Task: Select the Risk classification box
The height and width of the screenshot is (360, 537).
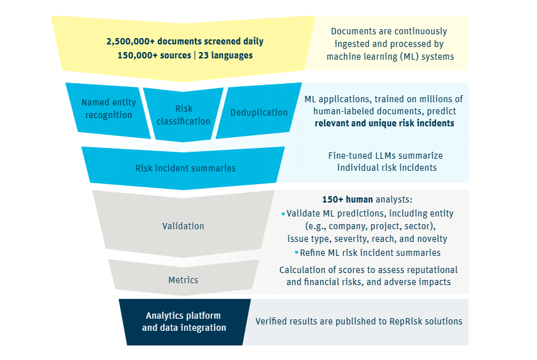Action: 183,114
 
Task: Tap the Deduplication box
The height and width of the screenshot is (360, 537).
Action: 259,112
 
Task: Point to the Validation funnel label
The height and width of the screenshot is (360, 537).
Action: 183,225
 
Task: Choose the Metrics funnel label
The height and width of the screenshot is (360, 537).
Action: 183,280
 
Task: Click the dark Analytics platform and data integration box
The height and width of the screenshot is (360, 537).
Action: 184,321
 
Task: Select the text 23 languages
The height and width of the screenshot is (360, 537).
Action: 227,55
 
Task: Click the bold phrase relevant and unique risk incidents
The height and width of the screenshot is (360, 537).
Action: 384,123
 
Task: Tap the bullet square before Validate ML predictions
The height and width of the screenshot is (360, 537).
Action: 283,214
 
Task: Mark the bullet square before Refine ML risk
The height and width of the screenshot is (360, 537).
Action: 296,253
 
